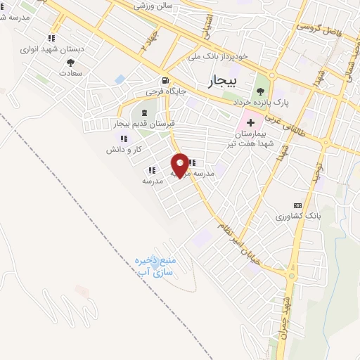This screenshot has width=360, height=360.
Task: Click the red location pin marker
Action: tap(181, 165)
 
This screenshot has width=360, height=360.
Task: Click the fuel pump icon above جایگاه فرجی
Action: tap(165, 79)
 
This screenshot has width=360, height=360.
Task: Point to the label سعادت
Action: tap(72, 72)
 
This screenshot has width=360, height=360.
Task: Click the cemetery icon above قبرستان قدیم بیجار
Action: tap(143, 112)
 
